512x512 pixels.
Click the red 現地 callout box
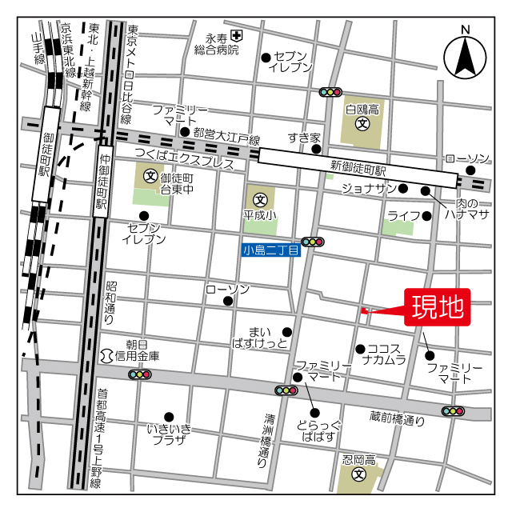point(438,307)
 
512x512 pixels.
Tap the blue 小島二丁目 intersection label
point(270,250)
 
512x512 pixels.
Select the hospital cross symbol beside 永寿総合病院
point(236,35)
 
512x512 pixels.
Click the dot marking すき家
point(316,149)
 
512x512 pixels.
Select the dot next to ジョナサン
point(403,189)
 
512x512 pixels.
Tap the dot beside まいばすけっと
point(287,332)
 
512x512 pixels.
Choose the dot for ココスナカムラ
point(361,349)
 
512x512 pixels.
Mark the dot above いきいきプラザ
point(168,416)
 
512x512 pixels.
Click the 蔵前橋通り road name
point(397,418)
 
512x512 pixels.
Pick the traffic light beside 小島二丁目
point(313,242)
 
